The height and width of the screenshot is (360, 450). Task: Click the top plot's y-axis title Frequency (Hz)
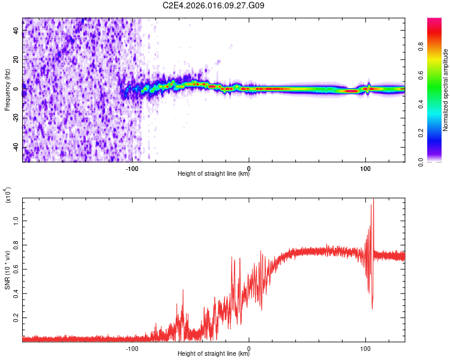(x=7, y=89)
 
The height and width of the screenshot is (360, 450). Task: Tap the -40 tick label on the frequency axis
(x=17, y=148)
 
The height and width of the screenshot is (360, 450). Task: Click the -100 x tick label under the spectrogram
(x=133, y=169)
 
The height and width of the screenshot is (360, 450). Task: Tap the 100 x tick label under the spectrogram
(x=365, y=169)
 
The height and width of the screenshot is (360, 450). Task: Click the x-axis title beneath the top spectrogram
(x=214, y=175)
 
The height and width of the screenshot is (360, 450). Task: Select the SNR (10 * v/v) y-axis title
(x=7, y=270)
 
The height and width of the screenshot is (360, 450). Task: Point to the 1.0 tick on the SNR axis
(x=17, y=221)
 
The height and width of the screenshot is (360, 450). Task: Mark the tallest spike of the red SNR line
(x=373, y=199)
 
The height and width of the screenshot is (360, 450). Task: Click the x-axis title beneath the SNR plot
(x=214, y=354)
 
